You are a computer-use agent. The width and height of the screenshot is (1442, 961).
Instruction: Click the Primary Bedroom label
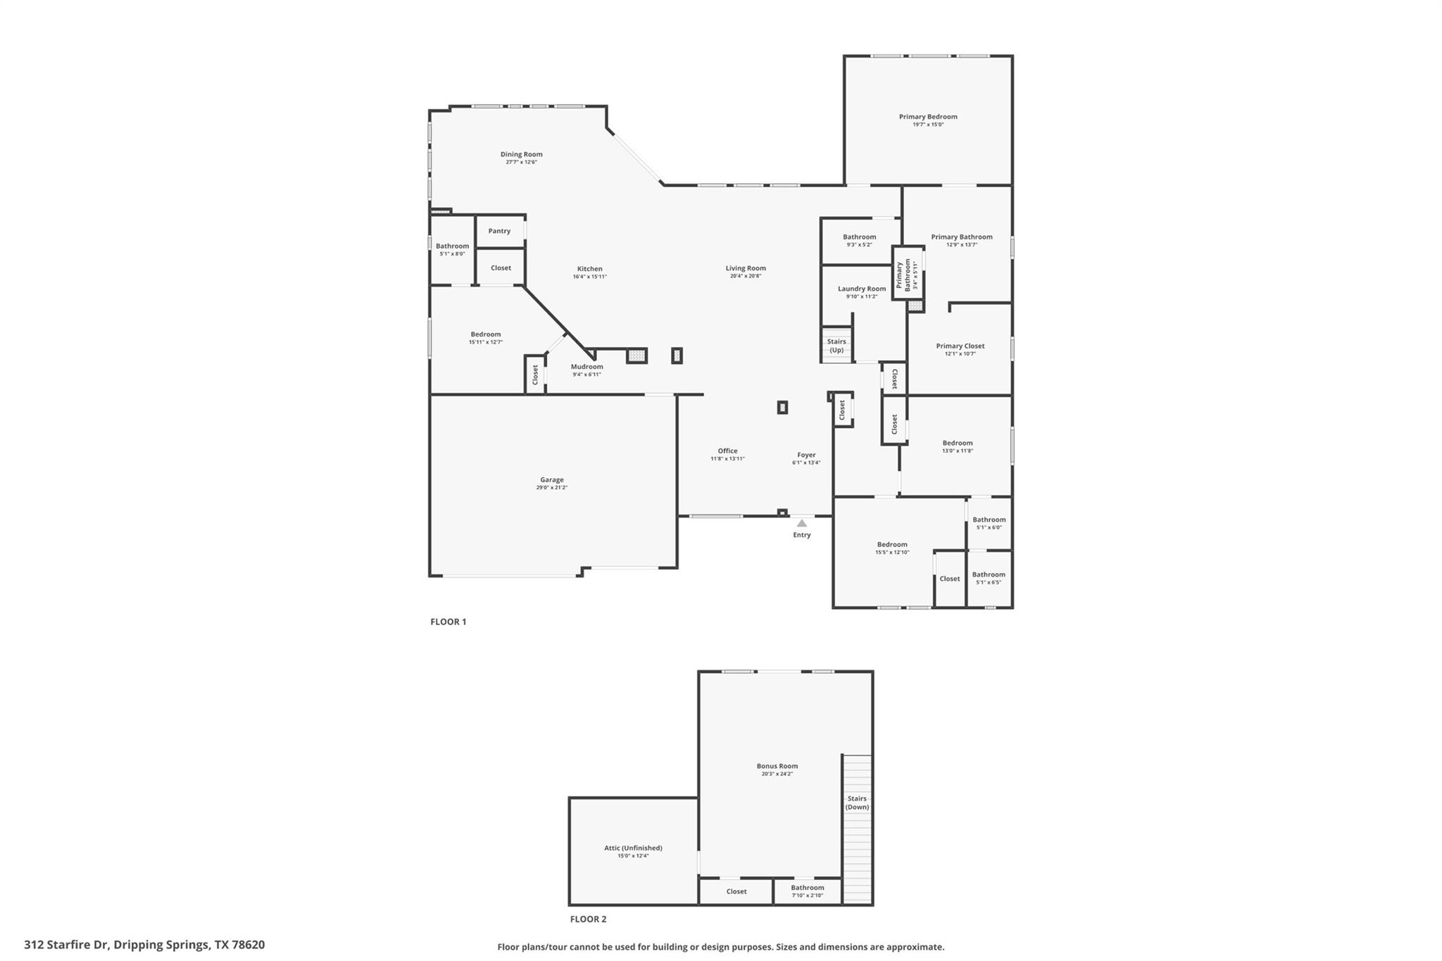coord(928,117)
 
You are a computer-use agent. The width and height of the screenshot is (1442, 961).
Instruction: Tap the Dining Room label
coord(521,154)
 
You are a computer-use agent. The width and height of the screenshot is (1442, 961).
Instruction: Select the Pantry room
coord(499,231)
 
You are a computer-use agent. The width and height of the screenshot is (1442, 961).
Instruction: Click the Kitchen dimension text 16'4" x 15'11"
coord(589,277)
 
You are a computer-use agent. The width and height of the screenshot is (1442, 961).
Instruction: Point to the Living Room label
coord(746,268)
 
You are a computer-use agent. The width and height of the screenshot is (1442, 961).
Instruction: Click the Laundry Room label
coord(862,289)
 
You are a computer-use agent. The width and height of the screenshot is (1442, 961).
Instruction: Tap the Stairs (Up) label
coord(836,346)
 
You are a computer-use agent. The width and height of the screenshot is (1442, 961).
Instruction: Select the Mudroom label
coord(587,367)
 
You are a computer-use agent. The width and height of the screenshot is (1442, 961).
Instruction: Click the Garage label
coord(551,480)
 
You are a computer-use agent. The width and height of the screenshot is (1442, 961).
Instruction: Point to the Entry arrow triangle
coord(801,523)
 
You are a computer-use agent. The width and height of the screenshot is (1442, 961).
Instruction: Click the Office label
coord(727,451)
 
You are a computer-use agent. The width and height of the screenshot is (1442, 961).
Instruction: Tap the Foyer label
coord(806,456)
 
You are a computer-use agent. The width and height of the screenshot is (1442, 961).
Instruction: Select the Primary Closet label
coord(960,346)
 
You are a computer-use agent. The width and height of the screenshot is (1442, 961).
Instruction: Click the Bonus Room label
coord(777,766)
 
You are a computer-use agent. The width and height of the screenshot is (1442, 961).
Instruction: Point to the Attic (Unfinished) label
coord(633,848)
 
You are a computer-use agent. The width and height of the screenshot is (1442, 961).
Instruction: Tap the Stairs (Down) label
coord(857,803)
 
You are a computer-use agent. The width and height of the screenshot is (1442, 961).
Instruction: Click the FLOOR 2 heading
coord(588,919)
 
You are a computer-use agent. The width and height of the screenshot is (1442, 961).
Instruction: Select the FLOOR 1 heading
coord(449,622)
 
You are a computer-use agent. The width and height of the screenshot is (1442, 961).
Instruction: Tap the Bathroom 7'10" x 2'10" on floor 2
coord(807,891)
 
